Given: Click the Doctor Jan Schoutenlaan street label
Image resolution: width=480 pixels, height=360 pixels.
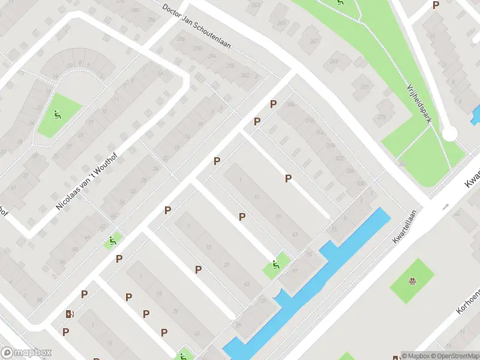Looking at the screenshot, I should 196,27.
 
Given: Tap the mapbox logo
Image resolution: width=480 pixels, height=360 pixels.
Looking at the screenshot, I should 26,353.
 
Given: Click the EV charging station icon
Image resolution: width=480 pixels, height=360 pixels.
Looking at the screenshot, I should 70,314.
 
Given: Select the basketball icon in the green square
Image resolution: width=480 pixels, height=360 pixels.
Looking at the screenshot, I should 412,281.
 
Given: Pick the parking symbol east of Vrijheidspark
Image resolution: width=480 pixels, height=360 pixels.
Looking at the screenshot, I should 436,5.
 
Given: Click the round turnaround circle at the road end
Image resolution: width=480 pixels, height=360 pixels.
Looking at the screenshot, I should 449,133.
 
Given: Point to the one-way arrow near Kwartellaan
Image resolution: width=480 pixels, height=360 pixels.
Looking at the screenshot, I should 445,206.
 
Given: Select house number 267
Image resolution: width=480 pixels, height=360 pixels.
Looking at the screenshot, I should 314,41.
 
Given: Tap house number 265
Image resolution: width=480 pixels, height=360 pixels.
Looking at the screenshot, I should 281,23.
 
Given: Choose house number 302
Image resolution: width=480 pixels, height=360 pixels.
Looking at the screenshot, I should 244,75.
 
